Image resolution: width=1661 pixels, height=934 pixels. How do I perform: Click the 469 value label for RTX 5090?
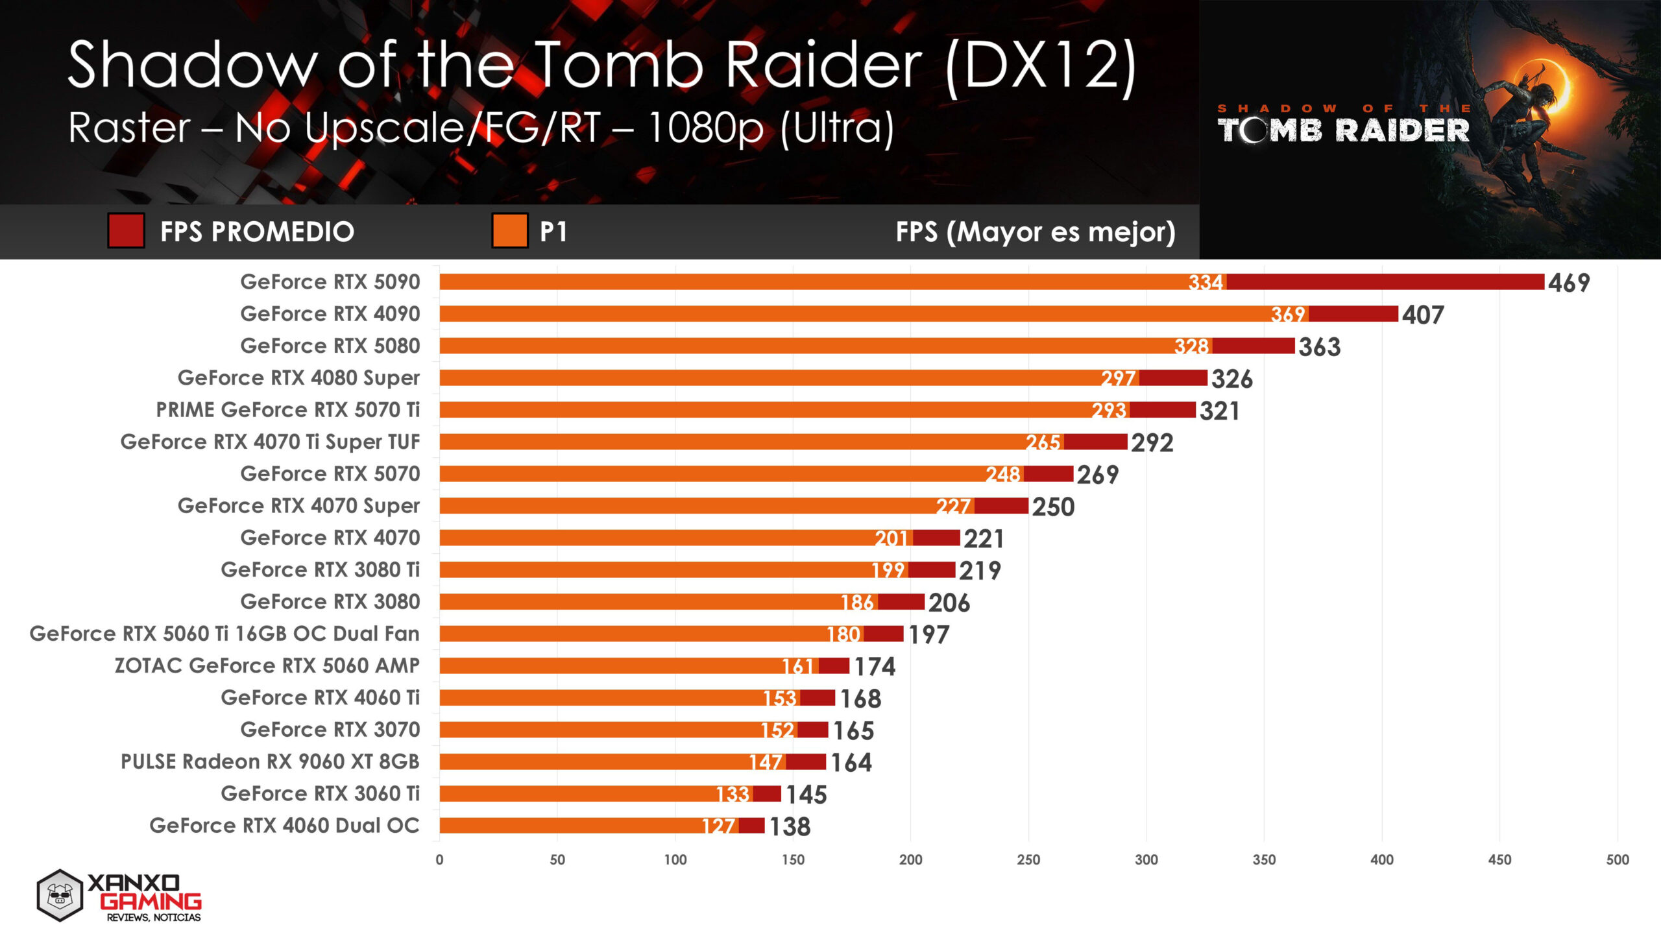1568,283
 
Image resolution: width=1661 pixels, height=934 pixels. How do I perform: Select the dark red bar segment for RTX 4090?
1353,314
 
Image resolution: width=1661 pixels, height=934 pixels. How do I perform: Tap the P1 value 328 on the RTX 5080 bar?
1191,346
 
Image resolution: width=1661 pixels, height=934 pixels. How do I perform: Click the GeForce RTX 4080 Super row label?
298,377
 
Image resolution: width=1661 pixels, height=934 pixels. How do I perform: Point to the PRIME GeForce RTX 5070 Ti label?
287,410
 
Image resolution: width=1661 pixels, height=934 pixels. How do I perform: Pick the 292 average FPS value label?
1152,443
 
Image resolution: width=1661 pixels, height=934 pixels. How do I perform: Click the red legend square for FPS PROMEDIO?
126,231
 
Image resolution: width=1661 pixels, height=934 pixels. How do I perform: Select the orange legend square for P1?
509,231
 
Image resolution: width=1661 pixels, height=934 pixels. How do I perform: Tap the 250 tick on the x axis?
1028,860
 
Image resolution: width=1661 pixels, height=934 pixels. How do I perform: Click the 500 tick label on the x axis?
1617,860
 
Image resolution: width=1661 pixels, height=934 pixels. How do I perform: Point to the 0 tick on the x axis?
439,860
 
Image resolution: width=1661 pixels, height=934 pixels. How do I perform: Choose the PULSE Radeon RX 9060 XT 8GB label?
270,761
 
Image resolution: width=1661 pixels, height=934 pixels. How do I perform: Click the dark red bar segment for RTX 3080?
901,602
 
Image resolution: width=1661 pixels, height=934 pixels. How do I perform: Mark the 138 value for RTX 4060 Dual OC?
790,827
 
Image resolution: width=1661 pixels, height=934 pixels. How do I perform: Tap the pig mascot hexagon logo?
60,896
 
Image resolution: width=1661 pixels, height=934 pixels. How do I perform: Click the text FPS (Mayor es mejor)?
1035,232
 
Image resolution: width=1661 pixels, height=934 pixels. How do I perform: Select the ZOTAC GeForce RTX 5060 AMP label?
267,665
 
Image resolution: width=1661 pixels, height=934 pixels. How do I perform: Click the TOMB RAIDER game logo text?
1343,130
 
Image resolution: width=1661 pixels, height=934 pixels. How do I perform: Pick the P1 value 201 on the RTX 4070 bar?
891,538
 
